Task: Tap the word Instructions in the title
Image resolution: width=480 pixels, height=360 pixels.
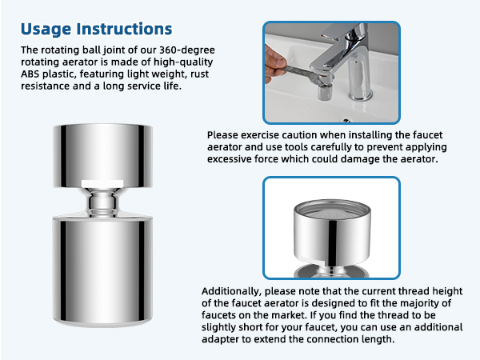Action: click(125, 30)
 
